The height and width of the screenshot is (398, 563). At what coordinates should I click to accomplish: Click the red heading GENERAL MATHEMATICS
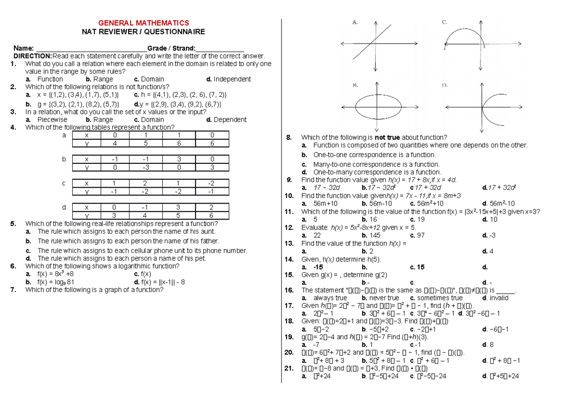pos(143,23)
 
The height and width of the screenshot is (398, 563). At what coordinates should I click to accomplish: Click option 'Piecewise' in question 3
pos(52,120)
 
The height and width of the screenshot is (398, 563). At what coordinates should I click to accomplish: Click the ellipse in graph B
pos(358,103)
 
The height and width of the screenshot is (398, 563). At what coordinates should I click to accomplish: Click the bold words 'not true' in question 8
pos(387,138)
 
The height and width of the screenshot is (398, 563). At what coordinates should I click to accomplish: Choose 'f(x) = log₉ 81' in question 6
pos(56,282)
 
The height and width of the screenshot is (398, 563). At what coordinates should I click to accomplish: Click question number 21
pos(289,368)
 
